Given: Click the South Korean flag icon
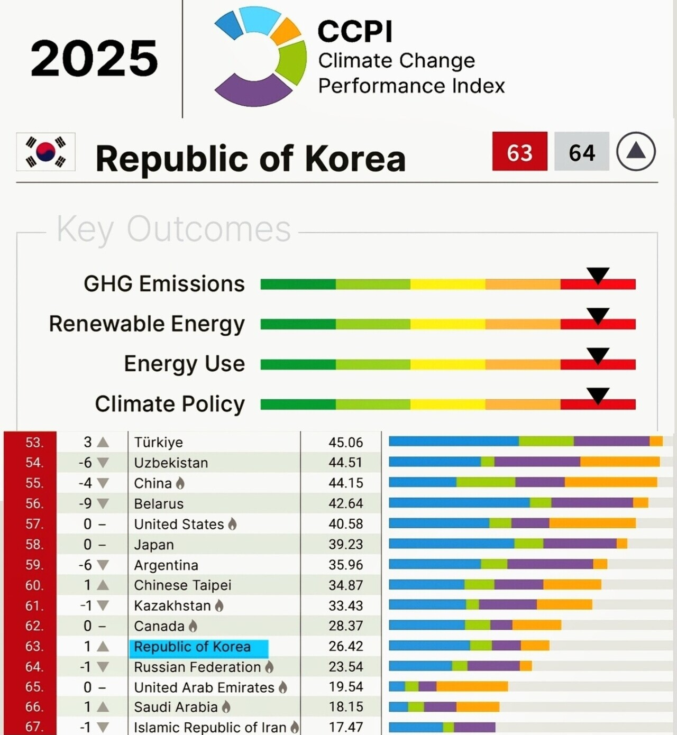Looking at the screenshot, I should coord(45,152).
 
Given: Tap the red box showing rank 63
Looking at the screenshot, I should coord(519,152).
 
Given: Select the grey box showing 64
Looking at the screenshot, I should coord(582,152).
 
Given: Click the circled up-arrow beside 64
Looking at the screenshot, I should coord(636,152).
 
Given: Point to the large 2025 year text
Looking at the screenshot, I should coord(94,58).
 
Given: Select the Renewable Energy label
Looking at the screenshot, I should coord(147,324).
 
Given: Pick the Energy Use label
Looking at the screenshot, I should coord(184,364).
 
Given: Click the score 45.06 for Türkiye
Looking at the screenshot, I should coord(345,442).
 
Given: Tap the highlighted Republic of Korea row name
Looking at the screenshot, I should coord(193,647).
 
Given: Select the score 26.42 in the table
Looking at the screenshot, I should coord(345,646).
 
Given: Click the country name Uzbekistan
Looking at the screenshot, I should coord(171,463).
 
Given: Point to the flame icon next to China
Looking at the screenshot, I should coord(180,483).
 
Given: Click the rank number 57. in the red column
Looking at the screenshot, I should coord(34,524).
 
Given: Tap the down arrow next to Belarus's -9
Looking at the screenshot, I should coord(103,503).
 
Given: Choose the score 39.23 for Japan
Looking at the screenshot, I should coord(345,544).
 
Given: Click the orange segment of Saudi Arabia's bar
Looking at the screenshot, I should coord(478,707).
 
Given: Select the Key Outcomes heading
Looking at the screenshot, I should coord(173,229).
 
